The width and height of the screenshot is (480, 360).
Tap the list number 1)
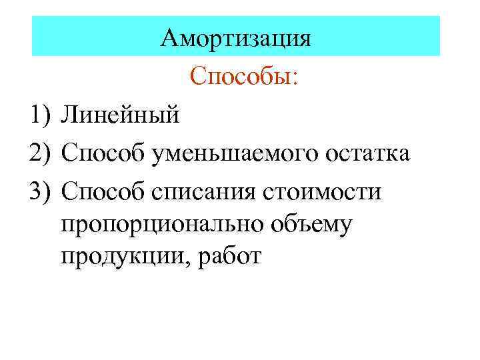41,116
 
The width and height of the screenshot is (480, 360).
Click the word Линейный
120,116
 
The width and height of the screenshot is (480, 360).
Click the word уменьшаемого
231,155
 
